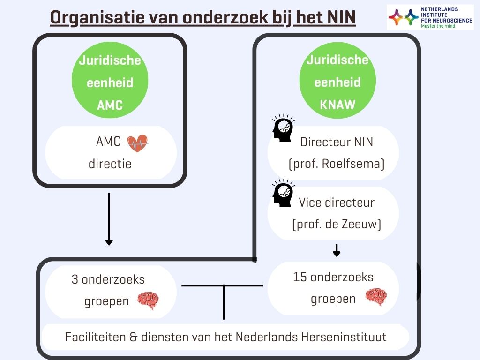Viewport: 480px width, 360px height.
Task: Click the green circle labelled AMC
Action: click(110, 80)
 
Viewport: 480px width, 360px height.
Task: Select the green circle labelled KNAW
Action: click(337, 80)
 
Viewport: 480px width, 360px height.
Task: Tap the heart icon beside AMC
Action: click(137, 143)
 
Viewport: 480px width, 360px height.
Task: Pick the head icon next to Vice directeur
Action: click(284, 193)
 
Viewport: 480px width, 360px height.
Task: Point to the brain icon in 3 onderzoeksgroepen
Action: click(148, 300)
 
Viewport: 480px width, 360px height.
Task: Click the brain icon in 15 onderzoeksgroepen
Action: click(376, 297)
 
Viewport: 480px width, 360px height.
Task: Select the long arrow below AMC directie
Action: click(109, 219)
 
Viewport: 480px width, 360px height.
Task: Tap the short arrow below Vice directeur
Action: click(337, 250)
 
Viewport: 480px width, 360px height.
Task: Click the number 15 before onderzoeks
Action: click(300, 277)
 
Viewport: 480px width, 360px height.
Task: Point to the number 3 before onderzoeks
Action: click(75, 279)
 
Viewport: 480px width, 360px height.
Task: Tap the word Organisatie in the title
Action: click(97, 17)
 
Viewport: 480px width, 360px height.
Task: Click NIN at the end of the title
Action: click(342, 17)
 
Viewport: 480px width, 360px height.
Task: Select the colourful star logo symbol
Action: click(404, 17)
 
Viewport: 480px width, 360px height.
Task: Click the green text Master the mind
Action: click(438, 26)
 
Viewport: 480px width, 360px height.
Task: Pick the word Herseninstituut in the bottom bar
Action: click(344, 337)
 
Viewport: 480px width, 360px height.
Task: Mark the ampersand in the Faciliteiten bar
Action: click(134, 337)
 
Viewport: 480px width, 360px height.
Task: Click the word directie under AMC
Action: click(110, 164)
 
